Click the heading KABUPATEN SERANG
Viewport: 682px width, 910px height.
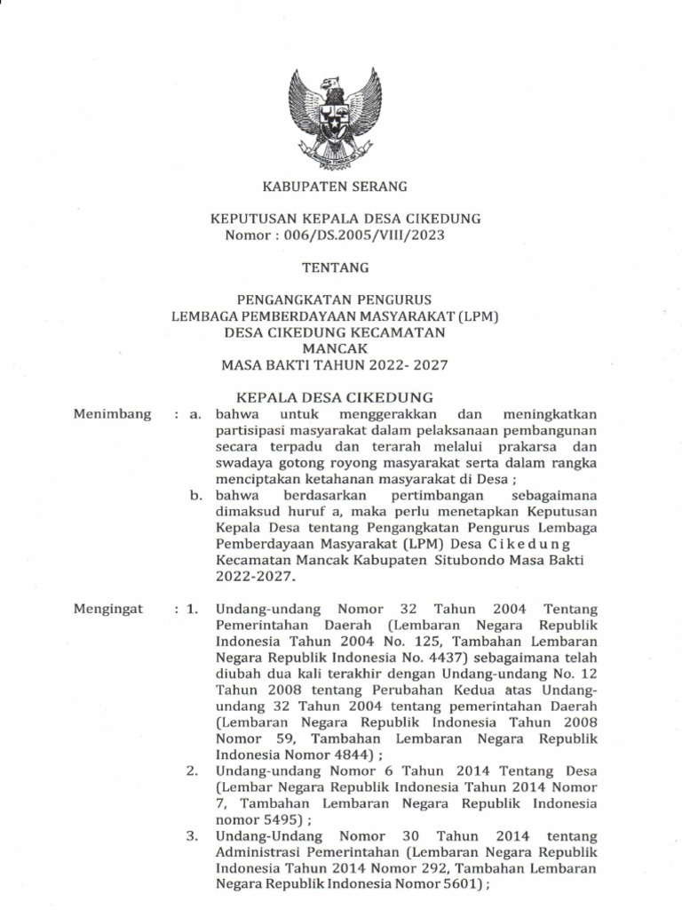pyautogui.click(x=333, y=187)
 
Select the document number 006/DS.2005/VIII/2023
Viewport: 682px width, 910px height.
pyautogui.click(x=362, y=235)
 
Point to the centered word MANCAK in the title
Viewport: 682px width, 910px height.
pyautogui.click(x=333, y=348)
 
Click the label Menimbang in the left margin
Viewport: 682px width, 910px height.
pyautogui.click(x=113, y=414)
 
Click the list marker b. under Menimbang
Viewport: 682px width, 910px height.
pyautogui.click(x=197, y=494)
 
